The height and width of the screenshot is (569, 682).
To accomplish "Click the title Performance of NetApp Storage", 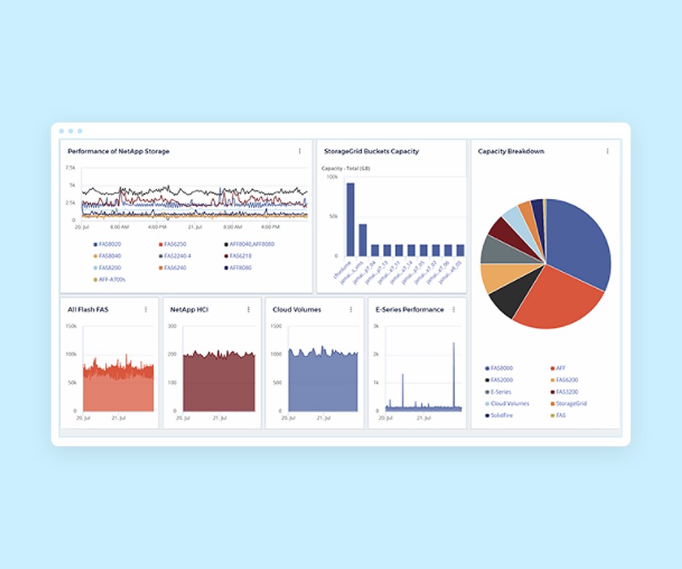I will [118, 152].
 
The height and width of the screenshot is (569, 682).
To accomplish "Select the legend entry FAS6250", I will [176, 245].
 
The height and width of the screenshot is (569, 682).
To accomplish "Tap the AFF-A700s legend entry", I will [112, 279].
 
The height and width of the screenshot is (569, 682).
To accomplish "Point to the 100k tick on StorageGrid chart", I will [332, 176].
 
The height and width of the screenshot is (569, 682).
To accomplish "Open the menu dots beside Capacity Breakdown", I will [607, 152].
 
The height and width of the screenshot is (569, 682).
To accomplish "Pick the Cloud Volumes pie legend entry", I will [509, 404].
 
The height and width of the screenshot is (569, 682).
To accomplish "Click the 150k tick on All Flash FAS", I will [71, 327].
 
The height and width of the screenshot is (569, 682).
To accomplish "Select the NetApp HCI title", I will [191, 310].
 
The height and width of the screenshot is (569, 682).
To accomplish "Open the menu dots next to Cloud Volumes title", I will [351, 310].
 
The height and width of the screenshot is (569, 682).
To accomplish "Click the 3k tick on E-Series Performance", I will [376, 327].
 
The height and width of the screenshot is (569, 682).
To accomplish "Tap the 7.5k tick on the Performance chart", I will [70, 168].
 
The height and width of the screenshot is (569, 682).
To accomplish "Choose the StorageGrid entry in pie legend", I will [571, 404].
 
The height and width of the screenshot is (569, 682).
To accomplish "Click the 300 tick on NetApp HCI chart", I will [173, 327].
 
